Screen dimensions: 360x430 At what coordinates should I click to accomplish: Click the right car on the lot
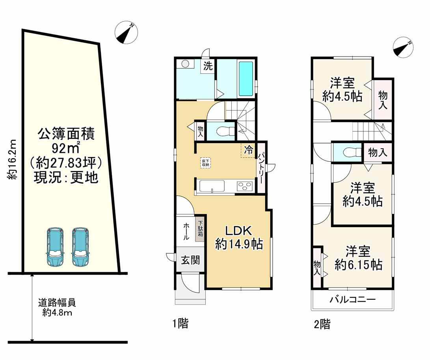(80, 246)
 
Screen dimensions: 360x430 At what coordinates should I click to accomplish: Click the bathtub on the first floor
(247, 79)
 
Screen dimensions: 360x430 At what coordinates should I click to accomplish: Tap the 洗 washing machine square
(208, 66)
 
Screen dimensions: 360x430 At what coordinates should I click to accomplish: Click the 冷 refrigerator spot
(248, 150)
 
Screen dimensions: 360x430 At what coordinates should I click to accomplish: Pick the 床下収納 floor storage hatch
(206, 162)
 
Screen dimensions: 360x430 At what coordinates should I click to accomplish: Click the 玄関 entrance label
(190, 260)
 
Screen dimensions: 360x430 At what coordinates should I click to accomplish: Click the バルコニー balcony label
(352, 300)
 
